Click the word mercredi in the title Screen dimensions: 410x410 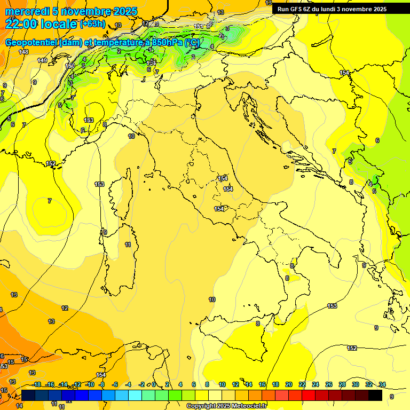(x=24, y=11)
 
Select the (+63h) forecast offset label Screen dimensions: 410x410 (x=93, y=24)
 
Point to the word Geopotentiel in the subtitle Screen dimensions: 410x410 (x=31, y=42)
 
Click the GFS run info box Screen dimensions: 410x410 (x=332, y=9)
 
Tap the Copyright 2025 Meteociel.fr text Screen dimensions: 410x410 (x=226, y=406)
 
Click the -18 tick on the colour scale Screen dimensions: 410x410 (x=36, y=384)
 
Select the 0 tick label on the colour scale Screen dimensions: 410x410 (x=154, y=384)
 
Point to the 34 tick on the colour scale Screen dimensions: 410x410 (x=382, y=384)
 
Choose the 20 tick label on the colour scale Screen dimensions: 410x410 (x=289, y=384)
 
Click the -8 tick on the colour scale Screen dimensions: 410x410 (x=101, y=384)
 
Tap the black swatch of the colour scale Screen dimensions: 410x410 (x=375, y=395)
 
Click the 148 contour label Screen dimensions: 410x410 (x=23, y=52)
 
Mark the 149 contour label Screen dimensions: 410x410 (x=42, y=60)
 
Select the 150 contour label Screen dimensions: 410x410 (x=70, y=66)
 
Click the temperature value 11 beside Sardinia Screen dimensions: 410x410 (x=128, y=245)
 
